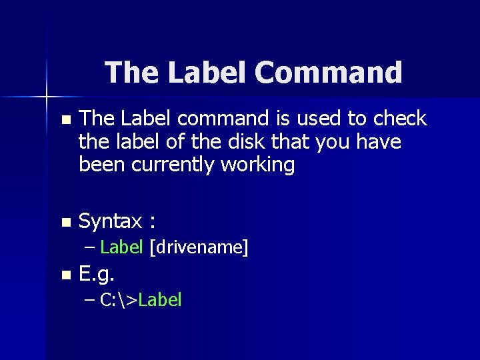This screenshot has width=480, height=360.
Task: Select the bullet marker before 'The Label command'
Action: pyautogui.click(x=64, y=121)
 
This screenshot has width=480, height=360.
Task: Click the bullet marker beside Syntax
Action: pyautogui.click(x=64, y=221)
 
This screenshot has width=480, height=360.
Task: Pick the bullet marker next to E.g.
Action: pyautogui.click(x=64, y=274)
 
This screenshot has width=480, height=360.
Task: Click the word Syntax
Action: pyautogui.click(x=110, y=221)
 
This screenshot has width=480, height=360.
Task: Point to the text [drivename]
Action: pyautogui.click(x=199, y=247)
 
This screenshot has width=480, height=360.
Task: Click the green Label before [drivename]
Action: pyautogui.click(x=121, y=247)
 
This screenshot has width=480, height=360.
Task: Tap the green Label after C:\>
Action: pyautogui.click(x=160, y=300)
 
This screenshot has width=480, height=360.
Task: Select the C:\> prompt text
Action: pyautogui.click(x=119, y=300)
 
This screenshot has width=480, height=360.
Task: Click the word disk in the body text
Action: pyautogui.click(x=248, y=142)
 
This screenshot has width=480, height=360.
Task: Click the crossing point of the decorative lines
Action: pyautogui.click(x=47, y=97)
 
